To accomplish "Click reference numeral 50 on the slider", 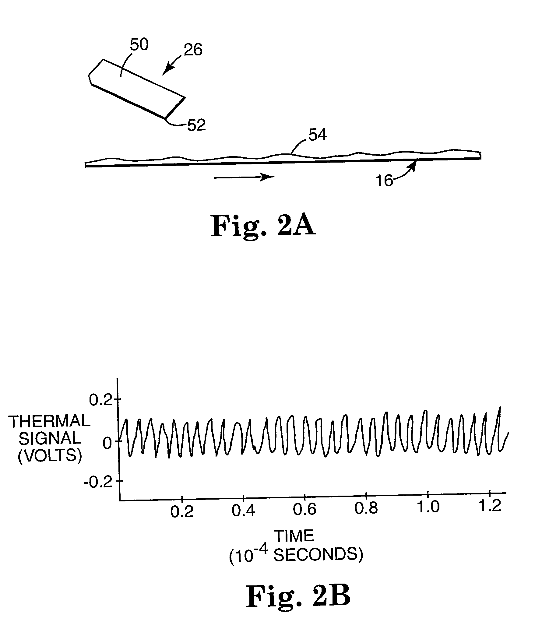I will (x=139, y=45).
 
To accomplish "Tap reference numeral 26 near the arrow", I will (x=193, y=50).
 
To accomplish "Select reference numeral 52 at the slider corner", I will (x=196, y=125).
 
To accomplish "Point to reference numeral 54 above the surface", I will (x=318, y=135).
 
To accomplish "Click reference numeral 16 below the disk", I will (x=384, y=181).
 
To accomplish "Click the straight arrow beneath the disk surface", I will (x=244, y=177).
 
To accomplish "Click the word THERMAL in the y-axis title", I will (x=49, y=422).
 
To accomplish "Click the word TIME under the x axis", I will (x=294, y=536).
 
